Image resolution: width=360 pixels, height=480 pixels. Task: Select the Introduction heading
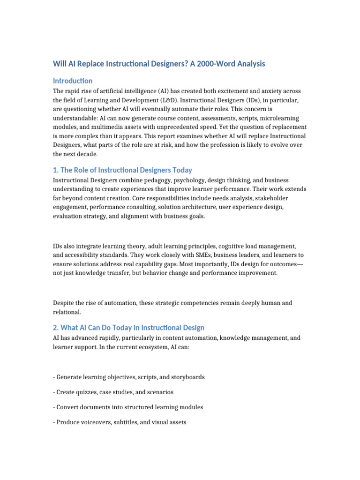73,81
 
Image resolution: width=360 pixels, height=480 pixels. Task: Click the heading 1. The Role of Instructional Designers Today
122,170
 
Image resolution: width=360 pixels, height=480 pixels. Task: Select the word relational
67,312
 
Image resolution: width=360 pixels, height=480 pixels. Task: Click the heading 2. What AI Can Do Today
128,328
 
